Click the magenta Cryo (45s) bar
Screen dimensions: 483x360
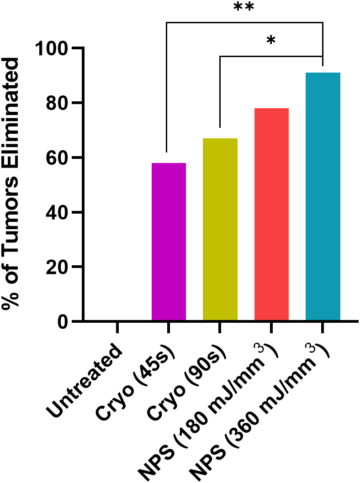tap(169, 242)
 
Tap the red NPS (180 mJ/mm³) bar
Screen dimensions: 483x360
tap(271, 215)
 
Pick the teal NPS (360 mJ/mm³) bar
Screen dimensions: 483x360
tap(323, 196)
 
